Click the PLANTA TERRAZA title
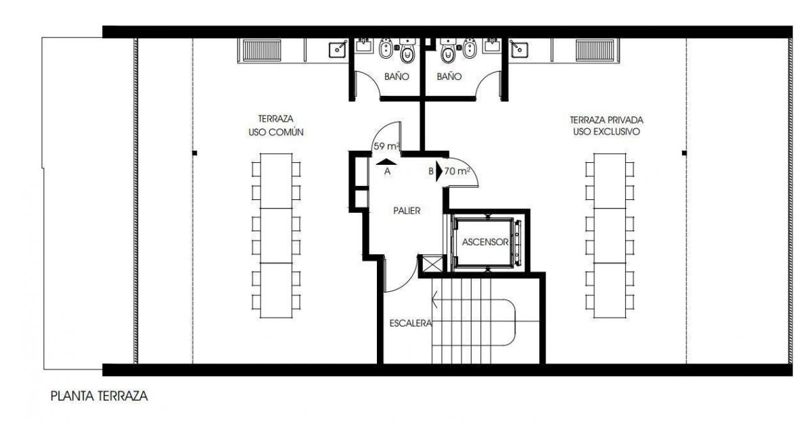pyautogui.click(x=99, y=396)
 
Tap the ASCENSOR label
pyautogui.click(x=485, y=242)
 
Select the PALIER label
pyautogui.click(x=407, y=211)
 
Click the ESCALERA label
pyautogui.click(x=411, y=323)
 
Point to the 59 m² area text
pyautogui.click(x=386, y=146)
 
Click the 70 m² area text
pyautogui.click(x=457, y=171)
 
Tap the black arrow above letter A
pyautogui.click(x=386, y=162)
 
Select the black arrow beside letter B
pyautogui.click(x=439, y=171)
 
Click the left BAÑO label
pyautogui.click(x=397, y=76)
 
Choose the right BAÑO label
pyautogui.click(x=449, y=76)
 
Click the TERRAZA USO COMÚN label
pyautogui.click(x=276, y=125)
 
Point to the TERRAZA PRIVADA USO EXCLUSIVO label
pyautogui.click(x=606, y=126)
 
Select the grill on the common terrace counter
pyautogui.click(x=262, y=50)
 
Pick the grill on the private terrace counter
pyautogui.click(x=595, y=50)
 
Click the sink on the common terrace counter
pyautogui.click(x=338, y=49)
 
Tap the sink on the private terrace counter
pyautogui.click(x=519, y=49)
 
